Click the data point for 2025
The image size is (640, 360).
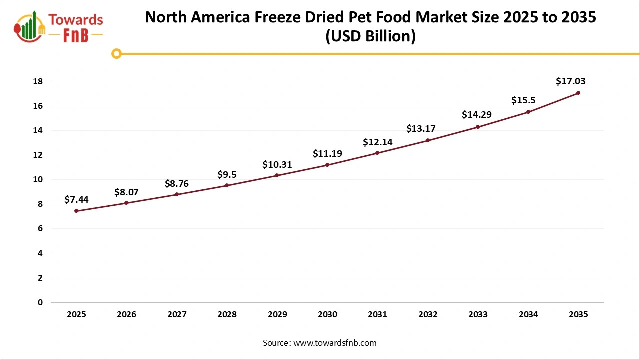coord(76,211)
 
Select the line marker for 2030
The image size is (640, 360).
coord(327,165)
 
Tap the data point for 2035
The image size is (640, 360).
coord(578,93)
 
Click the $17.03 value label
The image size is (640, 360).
coord(570,81)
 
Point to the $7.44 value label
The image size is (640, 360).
coord(76,200)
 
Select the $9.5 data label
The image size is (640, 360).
coord(227,174)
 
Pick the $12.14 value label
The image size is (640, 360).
coord(377,142)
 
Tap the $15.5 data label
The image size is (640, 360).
coord(523,100)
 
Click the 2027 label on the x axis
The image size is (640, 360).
coord(177,315)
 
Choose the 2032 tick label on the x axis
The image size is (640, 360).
coord(428,315)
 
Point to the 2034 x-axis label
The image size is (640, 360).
coord(528,315)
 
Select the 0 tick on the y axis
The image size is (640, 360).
coord(40,302)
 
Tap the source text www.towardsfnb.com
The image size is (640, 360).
coord(335,343)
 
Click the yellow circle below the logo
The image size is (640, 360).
coord(116,53)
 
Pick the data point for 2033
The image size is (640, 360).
coord(478,127)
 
